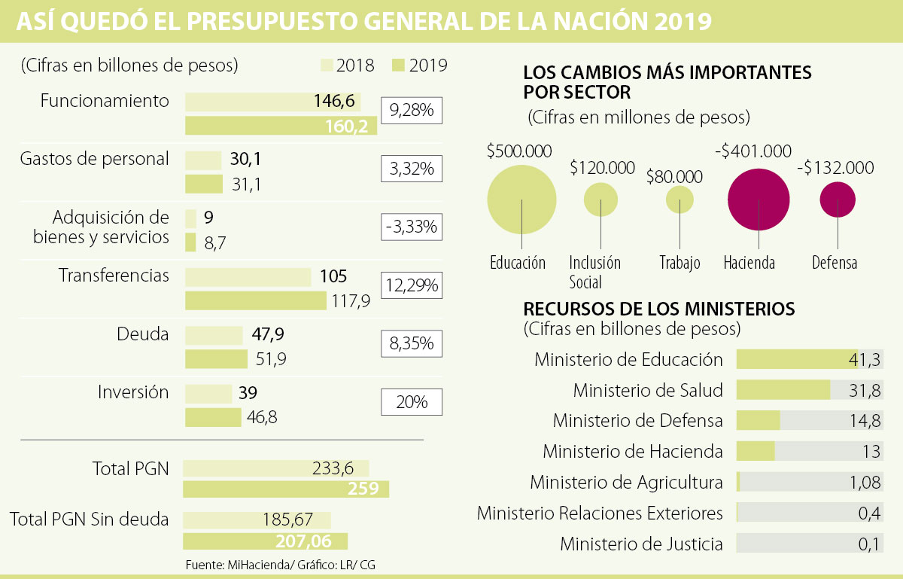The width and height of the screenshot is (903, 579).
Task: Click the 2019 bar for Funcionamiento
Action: coord(281,126)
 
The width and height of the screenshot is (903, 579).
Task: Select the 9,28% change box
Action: coord(412,111)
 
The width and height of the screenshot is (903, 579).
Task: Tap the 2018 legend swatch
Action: coord(327,66)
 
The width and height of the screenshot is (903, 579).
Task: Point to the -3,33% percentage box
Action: coord(412,227)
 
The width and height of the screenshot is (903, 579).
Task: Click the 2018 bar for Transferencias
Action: coord(248,277)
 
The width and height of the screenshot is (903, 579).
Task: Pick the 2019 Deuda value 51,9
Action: coord(271,359)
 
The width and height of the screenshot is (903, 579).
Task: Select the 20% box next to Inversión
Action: coord(412,402)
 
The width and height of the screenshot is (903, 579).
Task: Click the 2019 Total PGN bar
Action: coord(286,489)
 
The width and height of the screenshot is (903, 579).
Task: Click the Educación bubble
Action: coord(521,200)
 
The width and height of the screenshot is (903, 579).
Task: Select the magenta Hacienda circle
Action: coord(759,200)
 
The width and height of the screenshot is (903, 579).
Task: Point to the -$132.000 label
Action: coord(835,168)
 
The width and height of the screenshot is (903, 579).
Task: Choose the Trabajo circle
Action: coord(680,200)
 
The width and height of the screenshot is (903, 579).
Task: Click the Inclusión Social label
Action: coord(594,272)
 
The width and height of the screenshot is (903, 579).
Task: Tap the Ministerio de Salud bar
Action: coord(783,390)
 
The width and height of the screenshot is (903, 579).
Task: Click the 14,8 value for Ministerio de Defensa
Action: coord(864,421)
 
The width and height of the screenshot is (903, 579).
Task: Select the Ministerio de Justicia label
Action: coord(641,544)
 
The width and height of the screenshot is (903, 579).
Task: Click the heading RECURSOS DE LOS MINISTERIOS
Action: coord(658,309)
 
